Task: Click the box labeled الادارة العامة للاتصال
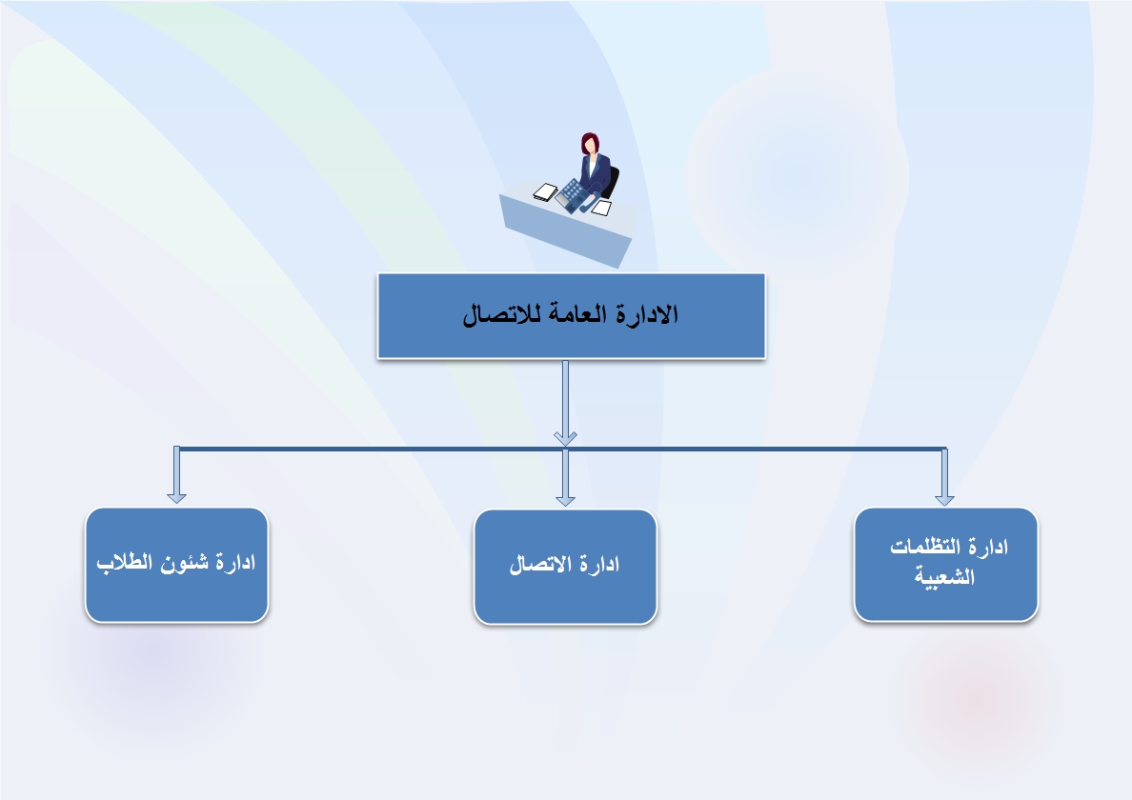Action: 571,315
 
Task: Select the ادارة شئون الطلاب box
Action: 177,565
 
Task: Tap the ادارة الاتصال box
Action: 565,567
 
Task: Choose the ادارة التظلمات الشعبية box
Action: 946,564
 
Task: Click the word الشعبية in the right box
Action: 945,576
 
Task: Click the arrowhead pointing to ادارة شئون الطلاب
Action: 177,496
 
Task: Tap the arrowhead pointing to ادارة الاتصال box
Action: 565,499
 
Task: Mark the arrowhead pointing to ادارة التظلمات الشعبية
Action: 944,498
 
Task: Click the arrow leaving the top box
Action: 565,403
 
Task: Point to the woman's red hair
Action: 588,141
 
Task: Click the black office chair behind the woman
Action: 611,183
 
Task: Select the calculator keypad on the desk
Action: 574,195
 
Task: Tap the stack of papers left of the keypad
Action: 545,192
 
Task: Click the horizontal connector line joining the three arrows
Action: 561,449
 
